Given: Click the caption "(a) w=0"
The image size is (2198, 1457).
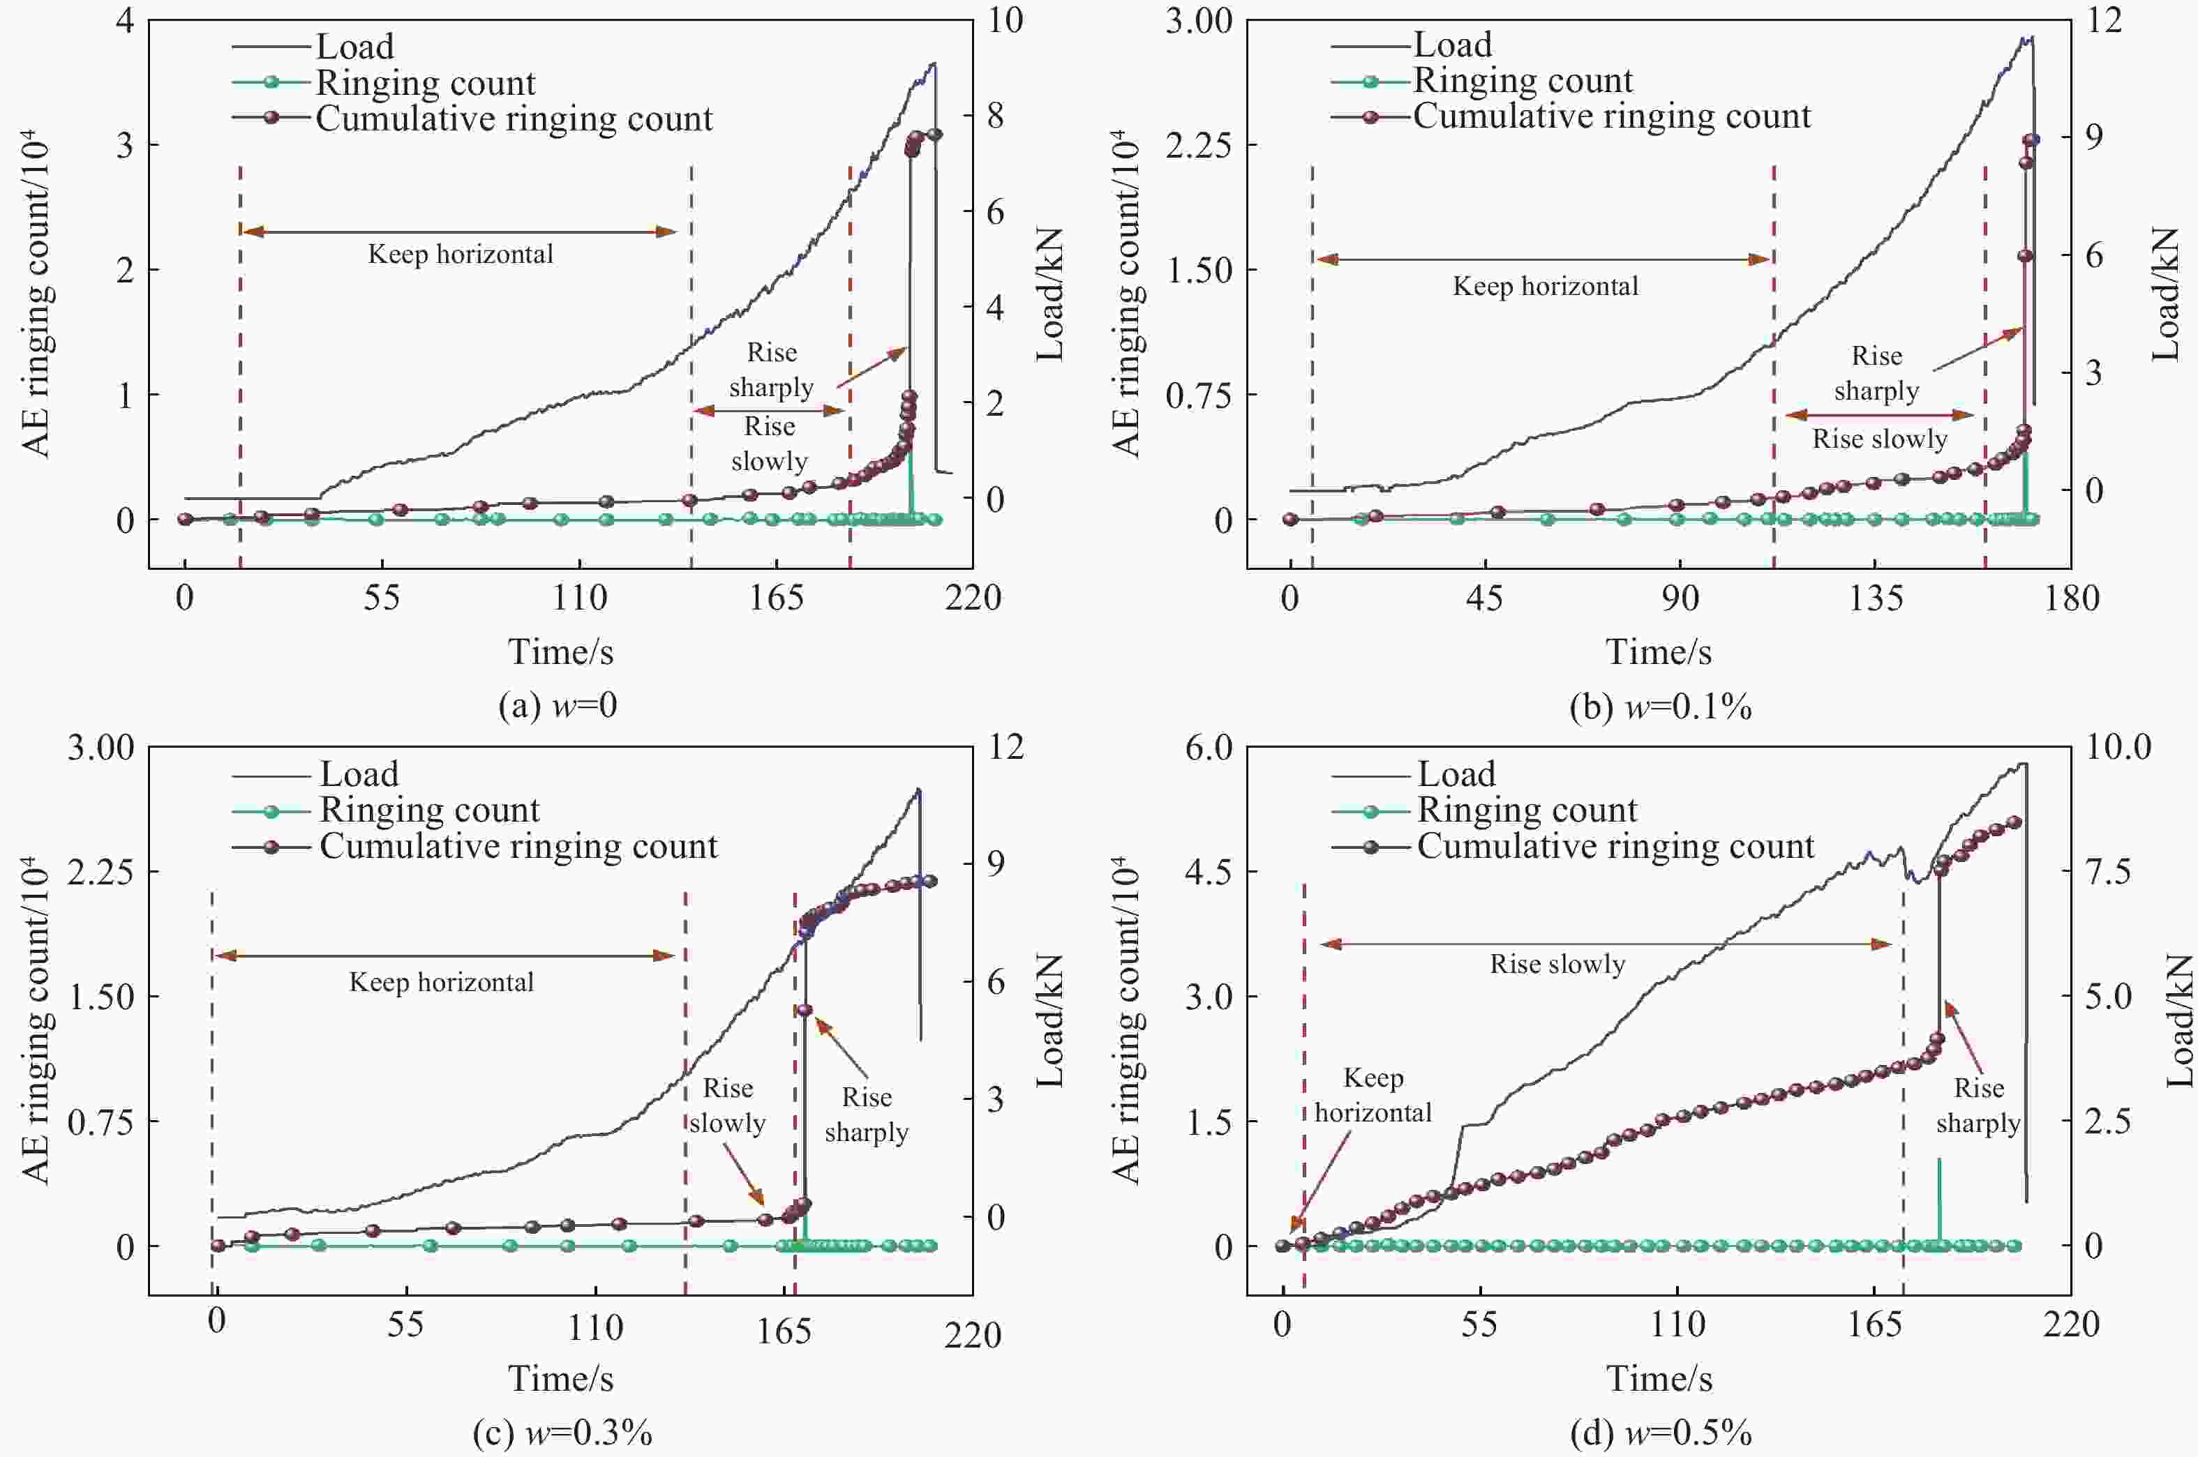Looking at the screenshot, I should pos(558,707).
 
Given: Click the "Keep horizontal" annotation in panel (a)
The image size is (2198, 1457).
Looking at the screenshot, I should pos(460,255).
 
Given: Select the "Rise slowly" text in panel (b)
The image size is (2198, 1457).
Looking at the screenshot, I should pos(1879,439).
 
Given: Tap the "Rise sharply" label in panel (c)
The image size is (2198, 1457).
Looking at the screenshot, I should pos(866,1115).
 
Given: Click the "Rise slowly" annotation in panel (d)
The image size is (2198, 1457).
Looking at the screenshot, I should pos(1557,965).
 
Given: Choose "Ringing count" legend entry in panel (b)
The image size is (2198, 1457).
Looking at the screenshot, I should pos(1523,81).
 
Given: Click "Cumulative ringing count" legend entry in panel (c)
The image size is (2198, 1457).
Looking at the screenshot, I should pos(518,847).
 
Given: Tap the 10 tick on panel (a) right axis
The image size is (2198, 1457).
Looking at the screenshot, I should pos(1003,20).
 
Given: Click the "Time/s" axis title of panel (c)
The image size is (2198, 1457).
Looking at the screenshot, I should pos(560,1379).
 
